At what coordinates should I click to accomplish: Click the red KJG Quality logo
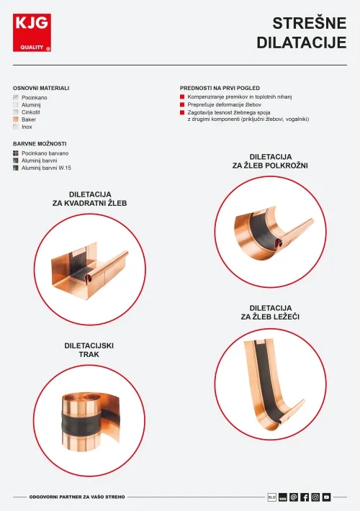point(32,32)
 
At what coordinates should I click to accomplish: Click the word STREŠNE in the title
point(310,24)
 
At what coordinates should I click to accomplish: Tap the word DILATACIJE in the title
point(302,42)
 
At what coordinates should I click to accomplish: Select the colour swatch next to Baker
point(16,119)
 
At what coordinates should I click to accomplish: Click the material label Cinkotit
point(31,112)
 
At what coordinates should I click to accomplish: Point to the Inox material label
point(27,127)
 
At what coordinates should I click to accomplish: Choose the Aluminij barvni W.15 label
point(46,168)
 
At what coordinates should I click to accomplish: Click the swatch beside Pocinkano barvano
point(16,153)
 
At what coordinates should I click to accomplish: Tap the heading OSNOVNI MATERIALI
point(41,88)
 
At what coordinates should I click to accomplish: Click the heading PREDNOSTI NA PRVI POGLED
point(220,88)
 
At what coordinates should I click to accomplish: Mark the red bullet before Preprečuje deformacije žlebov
point(182,104)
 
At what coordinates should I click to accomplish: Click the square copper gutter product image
point(90,269)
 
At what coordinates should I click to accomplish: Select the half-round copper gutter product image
point(274,232)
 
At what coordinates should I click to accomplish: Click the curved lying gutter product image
point(274,384)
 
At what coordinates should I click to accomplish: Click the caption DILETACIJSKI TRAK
point(89,350)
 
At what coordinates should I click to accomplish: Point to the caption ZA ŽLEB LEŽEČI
point(270,317)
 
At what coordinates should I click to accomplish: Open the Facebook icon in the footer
point(305,497)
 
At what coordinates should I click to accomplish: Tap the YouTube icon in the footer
point(326,497)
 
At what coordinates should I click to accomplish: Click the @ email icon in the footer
point(294,497)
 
